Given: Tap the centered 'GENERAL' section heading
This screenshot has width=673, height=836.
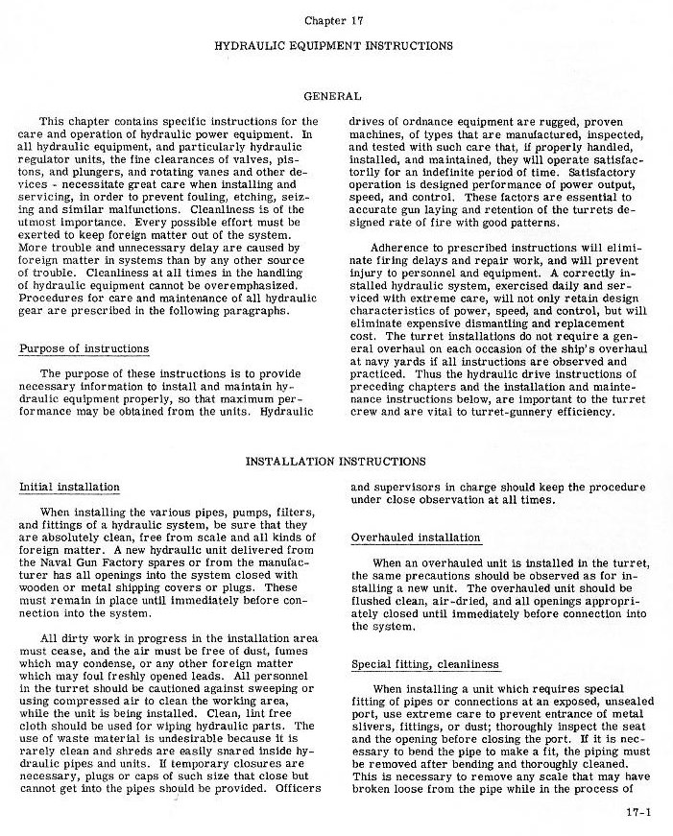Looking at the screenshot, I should (x=332, y=96).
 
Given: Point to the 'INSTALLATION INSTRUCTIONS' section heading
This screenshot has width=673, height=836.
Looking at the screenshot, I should (x=336, y=462).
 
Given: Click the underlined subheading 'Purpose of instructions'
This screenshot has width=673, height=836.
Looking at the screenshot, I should (x=84, y=348).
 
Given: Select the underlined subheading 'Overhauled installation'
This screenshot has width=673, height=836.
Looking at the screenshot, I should (x=416, y=537).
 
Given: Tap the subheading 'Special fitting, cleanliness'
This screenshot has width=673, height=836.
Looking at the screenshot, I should (x=426, y=664).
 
